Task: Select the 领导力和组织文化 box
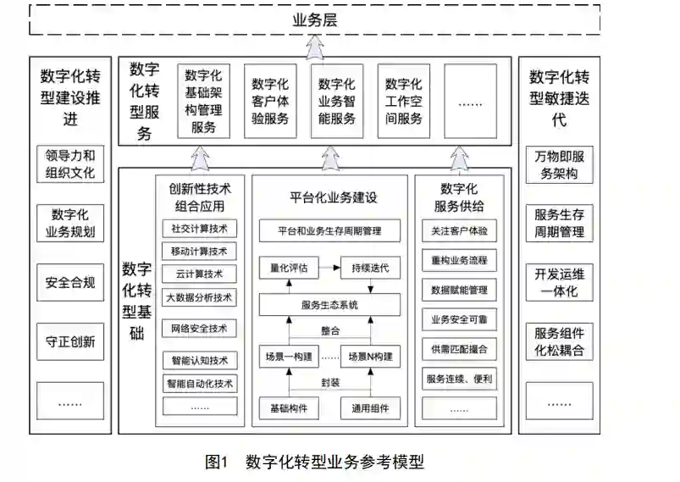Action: tap(70, 165)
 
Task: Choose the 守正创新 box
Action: tap(70, 342)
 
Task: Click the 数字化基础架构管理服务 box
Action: tap(204, 101)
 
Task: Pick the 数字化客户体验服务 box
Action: tap(270, 101)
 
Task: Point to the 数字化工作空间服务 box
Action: tap(403, 101)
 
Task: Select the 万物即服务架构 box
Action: tap(559, 165)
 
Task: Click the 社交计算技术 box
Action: tap(199, 229)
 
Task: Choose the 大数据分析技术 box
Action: tap(199, 297)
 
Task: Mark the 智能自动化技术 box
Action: tap(199, 383)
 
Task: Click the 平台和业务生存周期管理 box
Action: tap(329, 230)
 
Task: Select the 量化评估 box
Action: tap(289, 268)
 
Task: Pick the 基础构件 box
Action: tap(289, 408)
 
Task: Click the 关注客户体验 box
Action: tap(458, 230)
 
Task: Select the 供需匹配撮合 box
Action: tap(458, 349)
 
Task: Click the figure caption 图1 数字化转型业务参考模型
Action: tap(315, 462)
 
